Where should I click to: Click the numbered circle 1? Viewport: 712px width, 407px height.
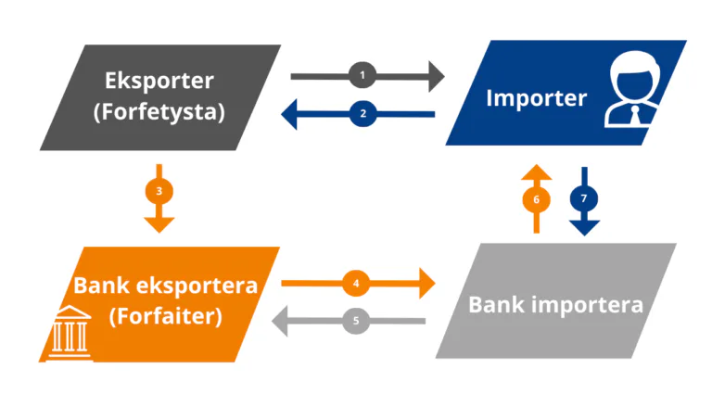tap(362, 75)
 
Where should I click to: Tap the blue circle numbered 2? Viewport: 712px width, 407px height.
tap(362, 113)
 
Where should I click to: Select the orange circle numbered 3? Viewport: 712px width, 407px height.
tap(159, 191)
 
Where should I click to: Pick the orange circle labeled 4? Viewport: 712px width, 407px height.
tap(356, 283)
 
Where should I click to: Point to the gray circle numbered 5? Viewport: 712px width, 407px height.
tap(356, 321)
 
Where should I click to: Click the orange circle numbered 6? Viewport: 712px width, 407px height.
tap(536, 199)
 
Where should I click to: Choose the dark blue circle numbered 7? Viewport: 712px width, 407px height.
tap(584, 198)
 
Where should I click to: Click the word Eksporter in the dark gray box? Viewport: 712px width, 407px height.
tap(159, 81)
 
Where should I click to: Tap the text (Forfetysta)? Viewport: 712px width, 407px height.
tap(159, 112)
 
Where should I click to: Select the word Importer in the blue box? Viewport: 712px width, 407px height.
tap(536, 98)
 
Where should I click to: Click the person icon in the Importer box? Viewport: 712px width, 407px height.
tap(632, 90)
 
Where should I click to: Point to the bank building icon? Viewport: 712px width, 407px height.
tap(70, 333)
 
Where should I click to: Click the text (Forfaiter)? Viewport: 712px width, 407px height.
tap(166, 316)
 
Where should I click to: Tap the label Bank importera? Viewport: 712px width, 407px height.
tap(556, 304)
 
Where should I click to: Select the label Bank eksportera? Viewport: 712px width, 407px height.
tap(166, 286)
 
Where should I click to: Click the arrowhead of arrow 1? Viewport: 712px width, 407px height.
tap(437, 76)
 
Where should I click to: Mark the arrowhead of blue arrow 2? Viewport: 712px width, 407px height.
tap(289, 114)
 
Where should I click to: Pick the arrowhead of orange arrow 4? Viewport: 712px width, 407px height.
tap(427, 284)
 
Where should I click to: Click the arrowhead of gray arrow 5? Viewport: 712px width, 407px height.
tap(279, 321)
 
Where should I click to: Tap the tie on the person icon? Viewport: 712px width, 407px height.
tap(636, 116)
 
